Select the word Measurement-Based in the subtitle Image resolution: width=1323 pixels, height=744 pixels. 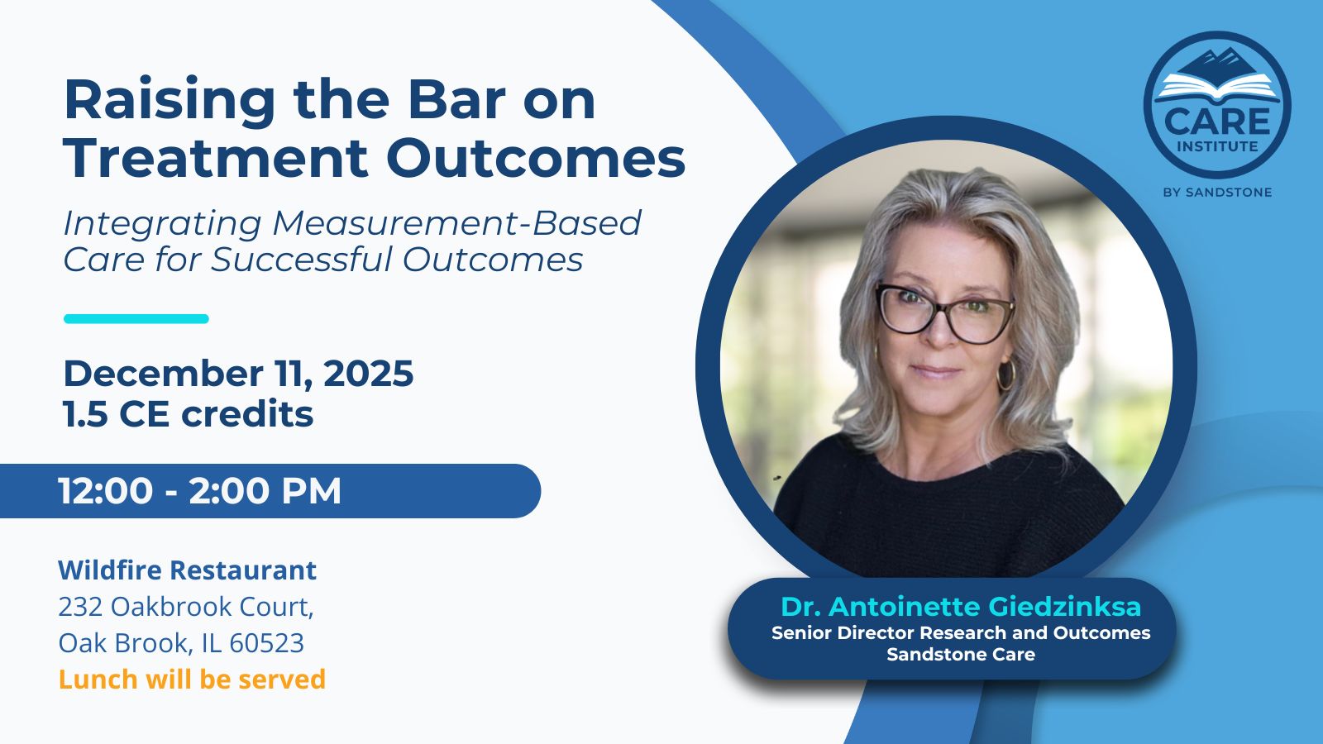pos(457,223)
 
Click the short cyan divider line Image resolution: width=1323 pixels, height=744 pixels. pos(136,319)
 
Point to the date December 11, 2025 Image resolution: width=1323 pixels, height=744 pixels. pos(239,374)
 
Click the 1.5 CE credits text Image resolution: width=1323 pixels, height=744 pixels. pos(189,414)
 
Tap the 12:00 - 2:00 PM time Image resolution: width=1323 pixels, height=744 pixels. pos(200,491)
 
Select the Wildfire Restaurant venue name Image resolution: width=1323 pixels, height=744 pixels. pos(187,570)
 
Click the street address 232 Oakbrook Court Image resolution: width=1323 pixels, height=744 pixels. pos(186,607)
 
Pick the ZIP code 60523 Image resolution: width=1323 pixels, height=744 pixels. pos(266,643)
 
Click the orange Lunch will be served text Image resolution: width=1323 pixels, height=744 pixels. pos(192,679)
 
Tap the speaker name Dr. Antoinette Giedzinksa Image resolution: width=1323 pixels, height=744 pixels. pos(960,607)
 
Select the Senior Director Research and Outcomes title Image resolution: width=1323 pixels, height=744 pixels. pos(961,633)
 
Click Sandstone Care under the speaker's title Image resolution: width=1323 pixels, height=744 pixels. pos(961,655)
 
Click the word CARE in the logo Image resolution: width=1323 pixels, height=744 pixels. pos(1217,122)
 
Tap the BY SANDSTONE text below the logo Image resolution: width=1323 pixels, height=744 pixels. pos(1217,193)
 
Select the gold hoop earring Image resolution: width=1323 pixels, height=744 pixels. pos(1005,374)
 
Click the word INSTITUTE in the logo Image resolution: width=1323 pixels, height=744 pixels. pos(1217,146)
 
